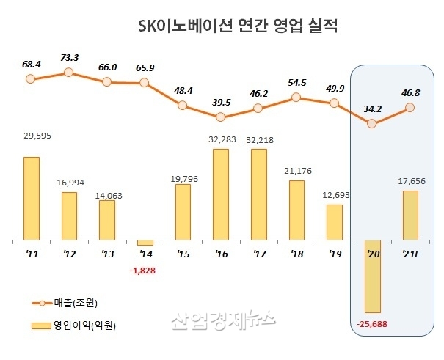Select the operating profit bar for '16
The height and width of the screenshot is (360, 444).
(x=220, y=194)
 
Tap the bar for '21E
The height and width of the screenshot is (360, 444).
(x=410, y=216)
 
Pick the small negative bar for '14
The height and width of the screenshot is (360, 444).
(x=145, y=243)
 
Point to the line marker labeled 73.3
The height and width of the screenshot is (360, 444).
(x=68, y=72)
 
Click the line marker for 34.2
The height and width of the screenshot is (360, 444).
(x=371, y=124)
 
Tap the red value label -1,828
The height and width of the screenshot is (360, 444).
(x=144, y=271)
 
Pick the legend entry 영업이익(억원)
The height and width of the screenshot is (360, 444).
(x=83, y=323)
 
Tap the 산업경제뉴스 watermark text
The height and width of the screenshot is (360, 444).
(x=223, y=320)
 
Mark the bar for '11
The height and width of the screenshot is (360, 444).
(x=31, y=199)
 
